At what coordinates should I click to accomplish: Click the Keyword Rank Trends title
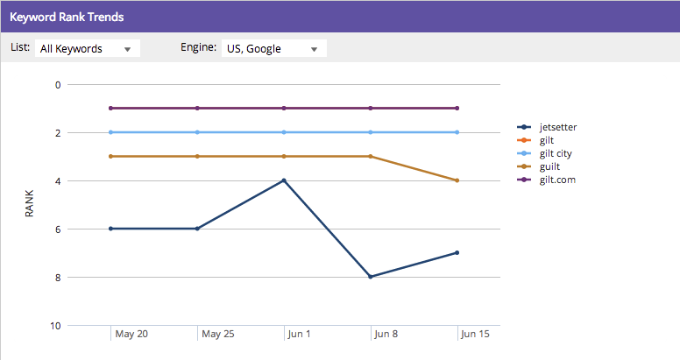pos(67,17)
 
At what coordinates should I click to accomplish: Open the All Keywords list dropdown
pos(88,49)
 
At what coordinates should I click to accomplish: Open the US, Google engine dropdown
pos(273,49)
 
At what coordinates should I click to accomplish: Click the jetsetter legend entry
pos(557,127)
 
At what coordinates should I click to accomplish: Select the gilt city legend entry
pos(556,153)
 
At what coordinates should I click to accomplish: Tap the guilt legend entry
pos(549,166)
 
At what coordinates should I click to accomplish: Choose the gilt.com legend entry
pos(557,180)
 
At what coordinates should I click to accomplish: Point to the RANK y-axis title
pos(29,204)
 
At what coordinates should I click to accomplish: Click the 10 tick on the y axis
pos(56,326)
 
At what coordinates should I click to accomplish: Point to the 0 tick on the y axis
pos(58,85)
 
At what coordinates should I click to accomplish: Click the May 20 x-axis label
pos(131,335)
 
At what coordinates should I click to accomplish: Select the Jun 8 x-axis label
pos(386,335)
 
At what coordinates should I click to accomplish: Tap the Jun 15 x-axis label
pos(474,335)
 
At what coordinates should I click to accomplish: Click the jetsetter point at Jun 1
pos(284,180)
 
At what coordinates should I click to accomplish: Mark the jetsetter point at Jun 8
pos(371,277)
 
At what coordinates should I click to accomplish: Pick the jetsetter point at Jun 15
pos(457,253)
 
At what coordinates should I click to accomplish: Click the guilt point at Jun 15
pos(457,180)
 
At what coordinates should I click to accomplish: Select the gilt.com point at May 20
pos(110,108)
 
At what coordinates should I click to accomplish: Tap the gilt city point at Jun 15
pos(457,132)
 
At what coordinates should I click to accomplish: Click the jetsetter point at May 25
pos(197,229)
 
